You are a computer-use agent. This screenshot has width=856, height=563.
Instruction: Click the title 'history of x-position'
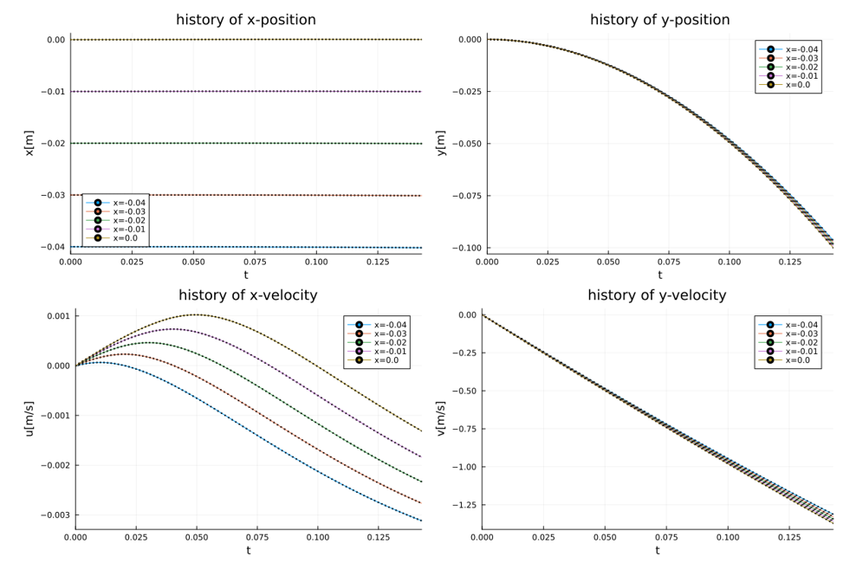[245, 20]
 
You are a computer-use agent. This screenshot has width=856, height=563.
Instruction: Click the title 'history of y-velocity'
[657, 295]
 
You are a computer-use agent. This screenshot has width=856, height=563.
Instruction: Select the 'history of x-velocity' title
[248, 295]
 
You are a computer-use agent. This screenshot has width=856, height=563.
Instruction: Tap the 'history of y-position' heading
[659, 20]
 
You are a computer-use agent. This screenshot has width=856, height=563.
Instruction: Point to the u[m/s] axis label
[29, 418]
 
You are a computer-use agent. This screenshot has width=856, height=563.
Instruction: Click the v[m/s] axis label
[440, 418]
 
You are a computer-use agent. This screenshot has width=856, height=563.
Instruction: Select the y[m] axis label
[440, 144]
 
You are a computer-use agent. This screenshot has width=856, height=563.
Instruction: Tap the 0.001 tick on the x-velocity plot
[57, 316]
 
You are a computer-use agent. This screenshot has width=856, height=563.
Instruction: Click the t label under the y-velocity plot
[657, 549]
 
